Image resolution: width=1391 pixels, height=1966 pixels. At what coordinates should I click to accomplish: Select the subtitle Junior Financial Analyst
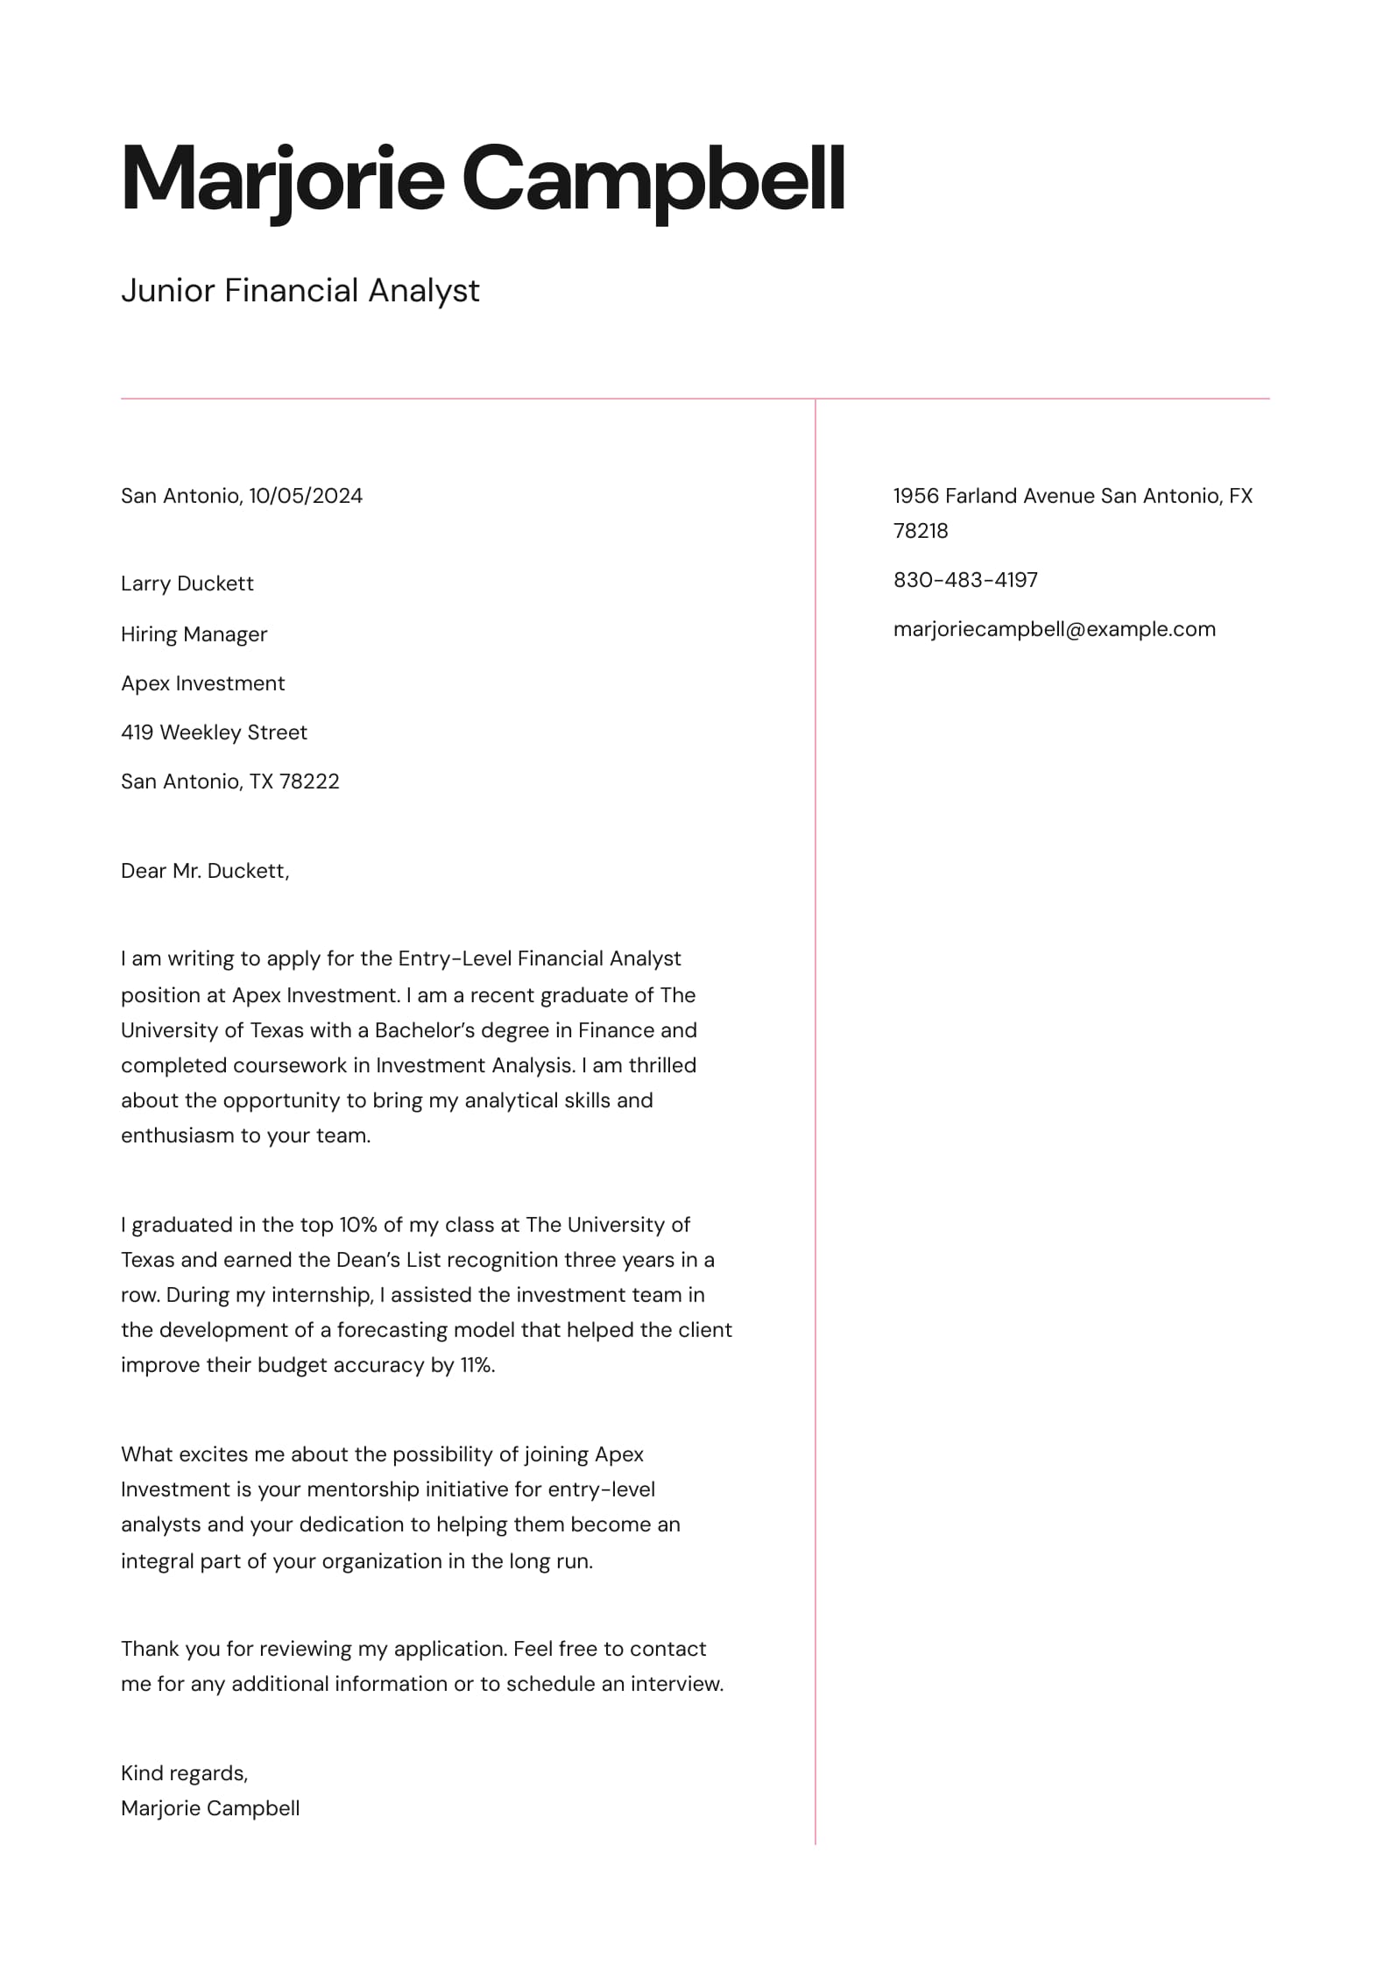(x=300, y=291)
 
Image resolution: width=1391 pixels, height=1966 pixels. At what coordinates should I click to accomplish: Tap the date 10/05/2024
(x=305, y=496)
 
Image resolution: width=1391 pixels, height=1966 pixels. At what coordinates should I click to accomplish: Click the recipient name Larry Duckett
(x=187, y=583)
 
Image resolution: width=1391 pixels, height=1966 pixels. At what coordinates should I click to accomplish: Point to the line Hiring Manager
(x=194, y=634)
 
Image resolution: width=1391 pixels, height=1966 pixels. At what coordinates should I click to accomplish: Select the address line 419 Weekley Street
(x=214, y=732)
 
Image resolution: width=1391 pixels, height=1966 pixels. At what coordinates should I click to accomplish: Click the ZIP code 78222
(x=308, y=781)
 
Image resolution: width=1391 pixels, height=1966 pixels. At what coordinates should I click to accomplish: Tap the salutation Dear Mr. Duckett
(x=204, y=871)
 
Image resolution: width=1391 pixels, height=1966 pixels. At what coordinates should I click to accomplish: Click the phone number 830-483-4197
(x=965, y=580)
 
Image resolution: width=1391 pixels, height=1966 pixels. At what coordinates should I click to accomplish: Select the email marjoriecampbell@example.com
(x=1054, y=629)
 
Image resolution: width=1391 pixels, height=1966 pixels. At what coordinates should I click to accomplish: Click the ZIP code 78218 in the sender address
(x=920, y=531)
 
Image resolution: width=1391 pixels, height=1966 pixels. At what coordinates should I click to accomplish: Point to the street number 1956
(x=914, y=496)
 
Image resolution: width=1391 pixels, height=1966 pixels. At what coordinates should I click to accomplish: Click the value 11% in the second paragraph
(x=477, y=1365)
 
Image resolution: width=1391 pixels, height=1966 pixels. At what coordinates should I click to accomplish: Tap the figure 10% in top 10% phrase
(x=357, y=1225)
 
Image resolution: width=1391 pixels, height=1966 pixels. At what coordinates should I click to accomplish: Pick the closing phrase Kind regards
(x=184, y=1773)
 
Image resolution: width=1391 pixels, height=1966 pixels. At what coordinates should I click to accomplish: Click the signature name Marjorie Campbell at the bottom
(x=210, y=1808)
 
